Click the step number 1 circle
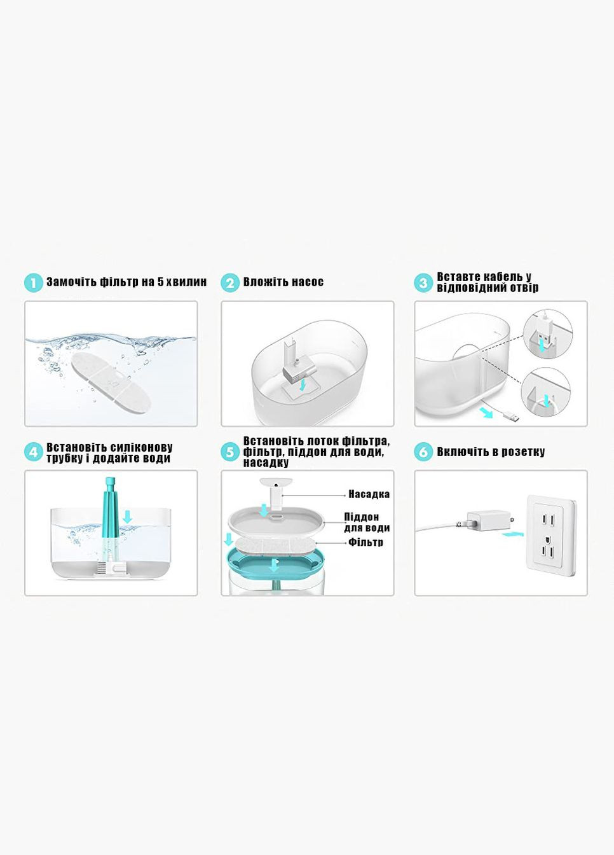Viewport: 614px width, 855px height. pyautogui.click(x=33, y=283)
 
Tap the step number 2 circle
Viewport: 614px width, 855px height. pyautogui.click(x=230, y=283)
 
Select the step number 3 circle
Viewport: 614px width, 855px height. pyautogui.click(x=423, y=283)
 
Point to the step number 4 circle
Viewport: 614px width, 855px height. pyautogui.click(x=33, y=452)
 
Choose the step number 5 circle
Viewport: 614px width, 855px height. pyautogui.click(x=230, y=452)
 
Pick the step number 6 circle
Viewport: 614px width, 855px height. pyautogui.click(x=423, y=452)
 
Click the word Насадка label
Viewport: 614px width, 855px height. pyautogui.click(x=369, y=494)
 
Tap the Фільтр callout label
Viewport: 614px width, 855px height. pyautogui.click(x=365, y=542)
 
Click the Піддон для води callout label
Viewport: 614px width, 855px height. pyautogui.click(x=367, y=522)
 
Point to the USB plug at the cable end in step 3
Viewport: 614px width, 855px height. pyautogui.click(x=511, y=417)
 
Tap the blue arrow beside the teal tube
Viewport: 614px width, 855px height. pyautogui.click(x=128, y=517)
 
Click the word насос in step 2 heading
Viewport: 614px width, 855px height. pyautogui.click(x=308, y=282)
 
